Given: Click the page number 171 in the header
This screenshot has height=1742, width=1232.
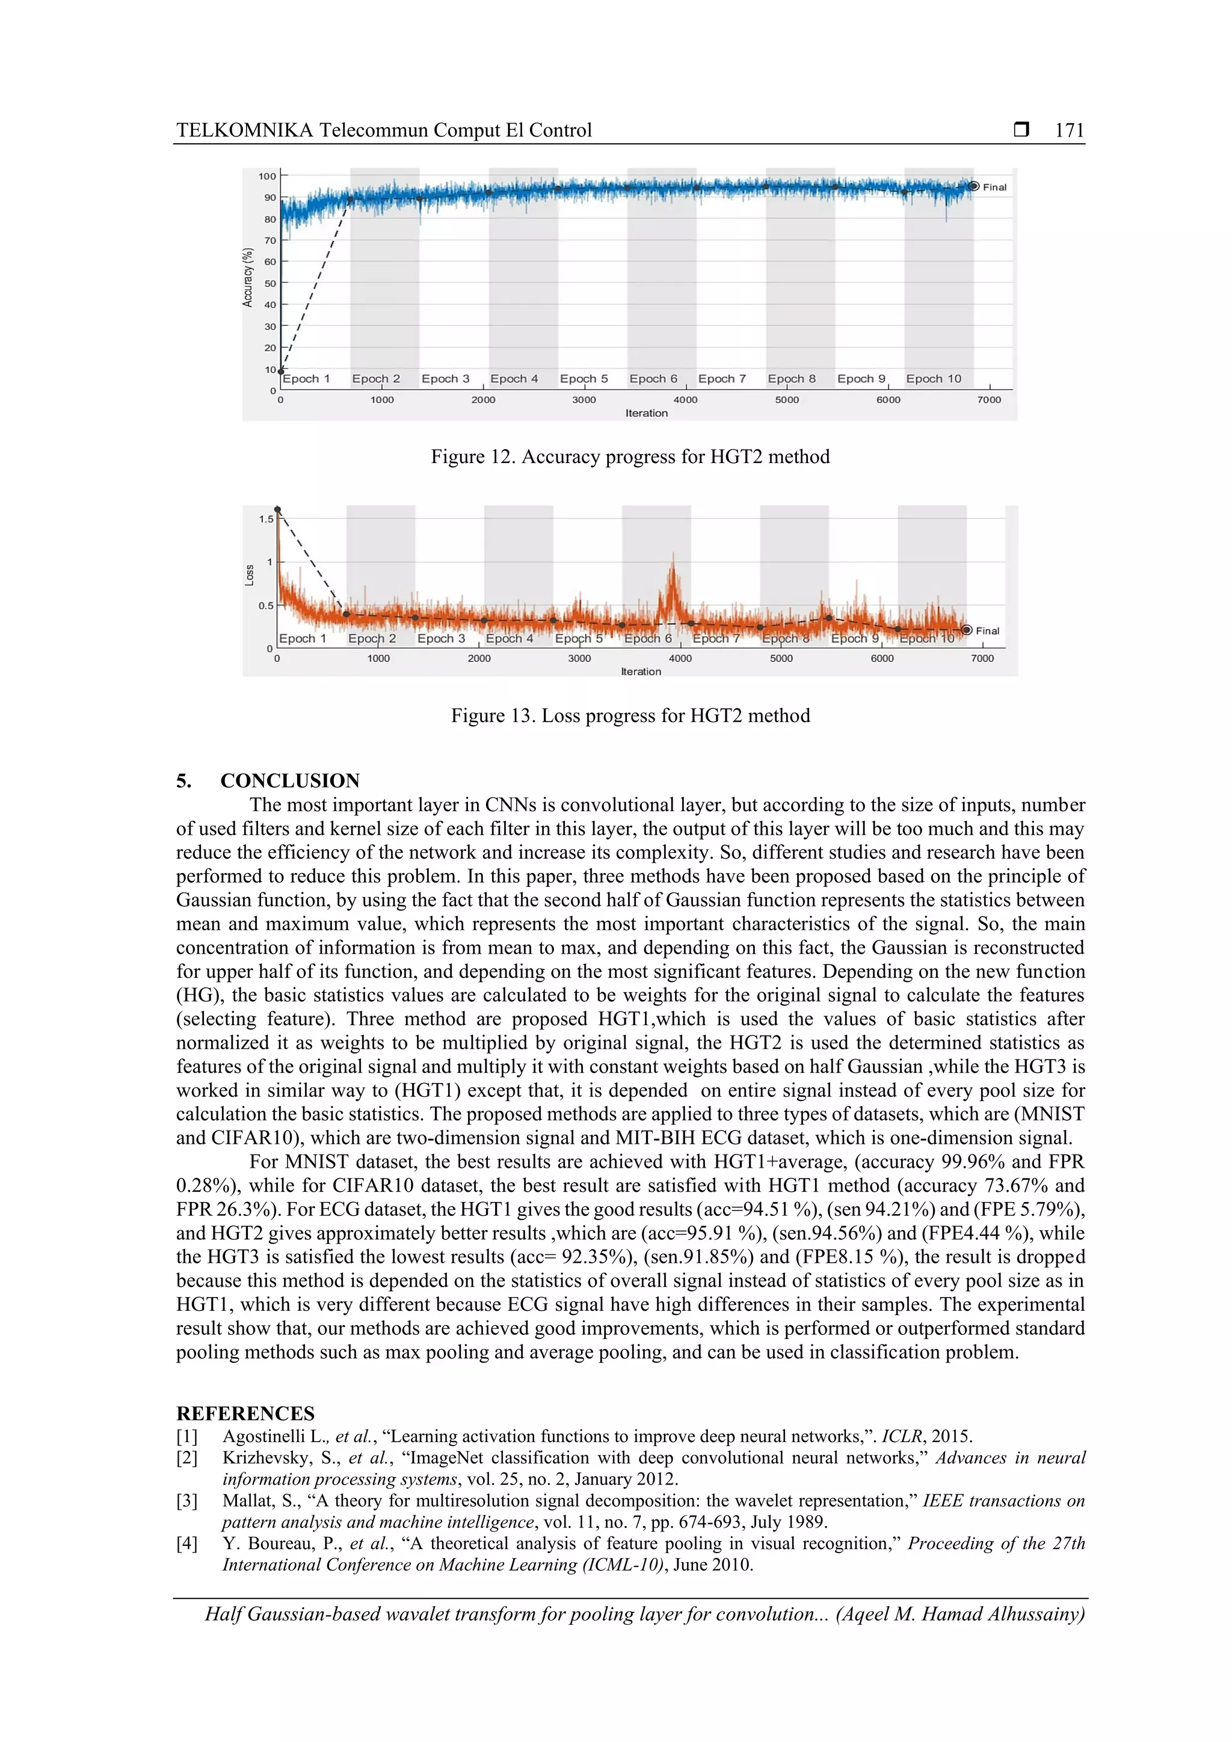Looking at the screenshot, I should pyautogui.click(x=1069, y=130).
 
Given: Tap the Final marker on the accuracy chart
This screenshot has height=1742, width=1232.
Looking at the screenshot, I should pyautogui.click(x=974, y=186).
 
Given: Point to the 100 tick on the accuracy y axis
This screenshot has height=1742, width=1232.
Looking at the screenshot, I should pyautogui.click(x=267, y=176).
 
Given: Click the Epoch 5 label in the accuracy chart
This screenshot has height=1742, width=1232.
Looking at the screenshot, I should pyautogui.click(x=584, y=379).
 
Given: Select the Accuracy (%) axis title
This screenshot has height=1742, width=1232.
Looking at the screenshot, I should pyautogui.click(x=247, y=278).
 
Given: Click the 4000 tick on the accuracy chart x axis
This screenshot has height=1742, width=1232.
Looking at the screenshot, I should pyautogui.click(x=685, y=400).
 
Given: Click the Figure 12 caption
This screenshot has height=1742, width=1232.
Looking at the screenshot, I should pyautogui.click(x=630, y=457).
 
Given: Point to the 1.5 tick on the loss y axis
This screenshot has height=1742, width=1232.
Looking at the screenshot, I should pyautogui.click(x=266, y=519).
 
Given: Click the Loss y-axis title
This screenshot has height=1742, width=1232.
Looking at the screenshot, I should pyautogui.click(x=249, y=575).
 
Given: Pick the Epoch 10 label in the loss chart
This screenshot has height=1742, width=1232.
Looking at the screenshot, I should pyautogui.click(x=927, y=639).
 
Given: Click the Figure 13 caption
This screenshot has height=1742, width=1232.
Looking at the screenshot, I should pyautogui.click(x=630, y=716).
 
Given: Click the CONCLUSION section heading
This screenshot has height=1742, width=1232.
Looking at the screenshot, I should pyautogui.click(x=290, y=781).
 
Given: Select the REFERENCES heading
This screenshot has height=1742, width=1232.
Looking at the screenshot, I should pyautogui.click(x=245, y=1414).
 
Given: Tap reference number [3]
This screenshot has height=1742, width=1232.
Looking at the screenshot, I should pyautogui.click(x=186, y=1501).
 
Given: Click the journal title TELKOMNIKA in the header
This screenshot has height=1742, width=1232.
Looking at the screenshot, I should pyautogui.click(x=244, y=130).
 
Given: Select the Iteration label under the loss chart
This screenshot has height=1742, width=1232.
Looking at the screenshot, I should pyautogui.click(x=641, y=672).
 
